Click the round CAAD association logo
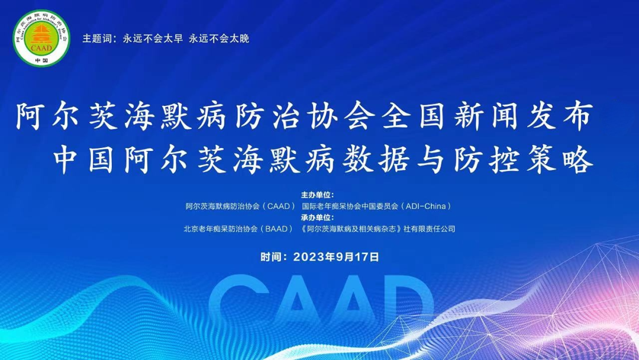41,38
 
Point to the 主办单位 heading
318,194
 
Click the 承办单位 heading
318,217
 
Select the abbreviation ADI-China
426,206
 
